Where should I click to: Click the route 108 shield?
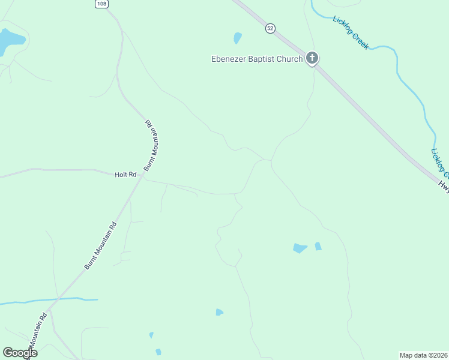click(x=101, y=4)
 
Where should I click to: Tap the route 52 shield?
click(x=271, y=28)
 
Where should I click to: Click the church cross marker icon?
click(x=312, y=58)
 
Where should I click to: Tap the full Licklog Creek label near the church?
click(x=351, y=32)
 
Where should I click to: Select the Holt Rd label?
click(x=126, y=175)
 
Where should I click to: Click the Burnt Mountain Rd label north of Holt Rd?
click(x=151, y=146)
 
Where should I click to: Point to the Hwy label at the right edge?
click(x=443, y=187)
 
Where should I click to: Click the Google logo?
click(x=20, y=353)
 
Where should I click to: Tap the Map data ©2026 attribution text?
click(x=423, y=355)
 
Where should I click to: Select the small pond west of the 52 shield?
click(x=238, y=38)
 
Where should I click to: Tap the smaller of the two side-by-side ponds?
click(x=318, y=246)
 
